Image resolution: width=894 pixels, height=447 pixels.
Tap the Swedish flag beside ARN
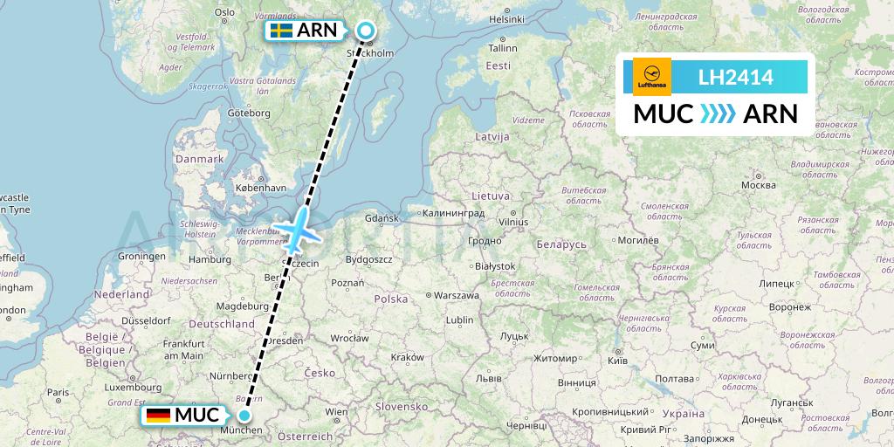tap(281, 31)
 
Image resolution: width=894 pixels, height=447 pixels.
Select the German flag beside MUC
tap(158, 416)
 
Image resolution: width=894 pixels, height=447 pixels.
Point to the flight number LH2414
tap(735, 78)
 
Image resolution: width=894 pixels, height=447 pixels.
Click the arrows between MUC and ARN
tap(719, 114)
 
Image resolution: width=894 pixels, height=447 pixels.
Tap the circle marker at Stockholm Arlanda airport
tap(365, 32)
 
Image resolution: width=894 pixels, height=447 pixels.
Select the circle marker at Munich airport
tap(245, 416)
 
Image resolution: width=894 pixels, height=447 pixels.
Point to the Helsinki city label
tap(506, 18)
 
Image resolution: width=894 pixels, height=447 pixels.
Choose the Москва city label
tap(758, 185)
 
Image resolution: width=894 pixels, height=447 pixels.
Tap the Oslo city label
tap(224, 11)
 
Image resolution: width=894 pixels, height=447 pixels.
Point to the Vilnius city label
tap(513, 222)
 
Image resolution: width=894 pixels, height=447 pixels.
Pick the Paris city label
tap(58, 392)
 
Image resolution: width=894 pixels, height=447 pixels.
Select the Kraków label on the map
tap(407, 356)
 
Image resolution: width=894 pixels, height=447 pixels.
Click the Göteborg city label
tap(249, 113)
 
